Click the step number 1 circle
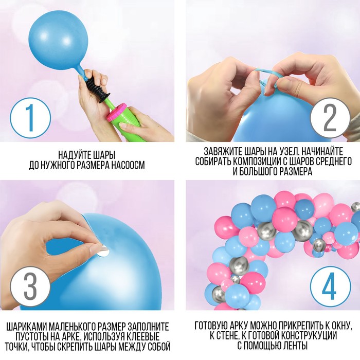30,118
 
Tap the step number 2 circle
330,118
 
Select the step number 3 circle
30,286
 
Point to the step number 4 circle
330,286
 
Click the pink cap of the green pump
116,112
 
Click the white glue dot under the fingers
103,252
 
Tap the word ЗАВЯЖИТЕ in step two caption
222,152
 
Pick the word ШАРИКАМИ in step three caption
26,327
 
